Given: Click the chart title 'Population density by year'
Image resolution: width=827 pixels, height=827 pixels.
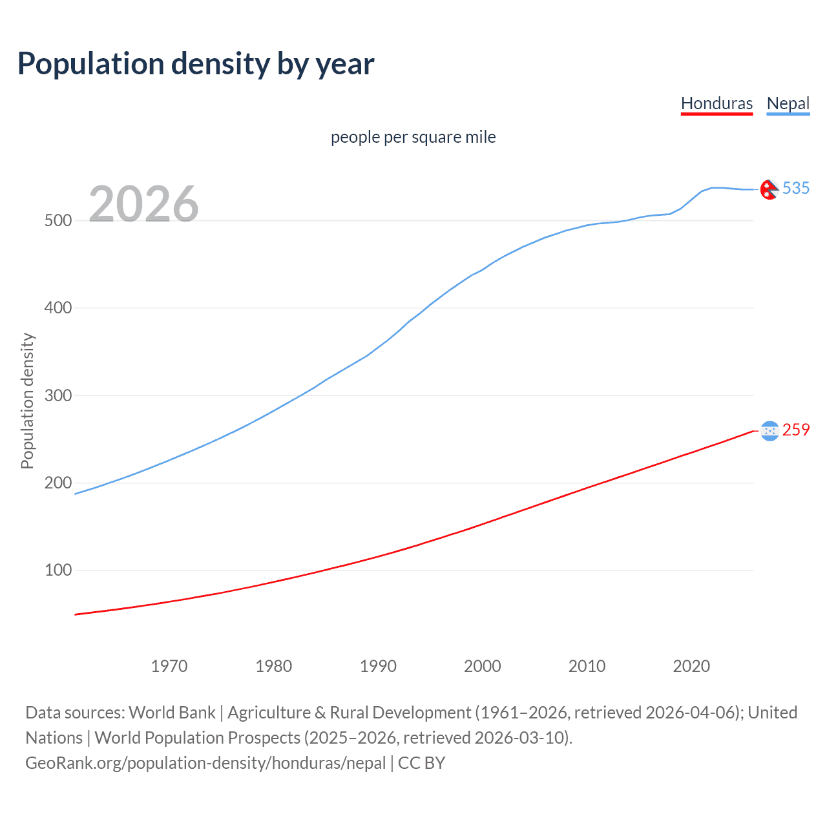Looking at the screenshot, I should point(196,64).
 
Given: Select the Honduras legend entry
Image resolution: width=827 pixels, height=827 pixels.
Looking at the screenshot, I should point(717,103).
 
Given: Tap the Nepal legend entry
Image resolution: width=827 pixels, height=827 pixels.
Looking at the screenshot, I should point(788,103).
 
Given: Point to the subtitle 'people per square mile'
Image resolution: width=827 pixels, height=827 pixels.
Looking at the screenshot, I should point(413,137).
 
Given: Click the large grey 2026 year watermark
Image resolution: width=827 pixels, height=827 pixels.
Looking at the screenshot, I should point(143,204).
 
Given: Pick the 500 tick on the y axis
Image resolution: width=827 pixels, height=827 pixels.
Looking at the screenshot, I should point(58,220).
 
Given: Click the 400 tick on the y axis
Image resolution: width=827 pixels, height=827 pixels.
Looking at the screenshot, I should point(58,308).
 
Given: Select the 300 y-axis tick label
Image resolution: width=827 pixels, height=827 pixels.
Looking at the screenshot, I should point(58,395).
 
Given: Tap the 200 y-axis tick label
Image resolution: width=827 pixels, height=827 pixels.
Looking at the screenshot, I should point(58,483).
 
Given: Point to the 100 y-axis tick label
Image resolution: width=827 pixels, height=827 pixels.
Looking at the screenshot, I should point(58,571).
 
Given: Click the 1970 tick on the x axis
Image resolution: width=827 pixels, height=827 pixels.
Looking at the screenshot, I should point(169,666).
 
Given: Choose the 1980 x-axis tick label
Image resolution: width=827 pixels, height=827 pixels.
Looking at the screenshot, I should point(274,666).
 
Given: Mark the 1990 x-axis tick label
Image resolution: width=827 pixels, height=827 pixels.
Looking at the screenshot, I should point(378,666).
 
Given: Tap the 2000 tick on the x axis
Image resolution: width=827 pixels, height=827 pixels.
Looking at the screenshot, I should point(483,666).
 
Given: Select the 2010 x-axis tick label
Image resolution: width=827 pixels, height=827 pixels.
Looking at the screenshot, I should point(587,666).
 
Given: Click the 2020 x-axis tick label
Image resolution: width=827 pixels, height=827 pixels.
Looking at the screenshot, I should point(691,666).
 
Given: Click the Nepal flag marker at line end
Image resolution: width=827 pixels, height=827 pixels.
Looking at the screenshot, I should point(769,189).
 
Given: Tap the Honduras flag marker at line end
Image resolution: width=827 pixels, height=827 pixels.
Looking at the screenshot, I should point(769,431).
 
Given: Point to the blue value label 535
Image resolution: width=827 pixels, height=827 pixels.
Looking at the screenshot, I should point(796,188).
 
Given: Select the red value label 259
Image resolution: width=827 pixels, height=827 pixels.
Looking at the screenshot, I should point(796,430).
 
